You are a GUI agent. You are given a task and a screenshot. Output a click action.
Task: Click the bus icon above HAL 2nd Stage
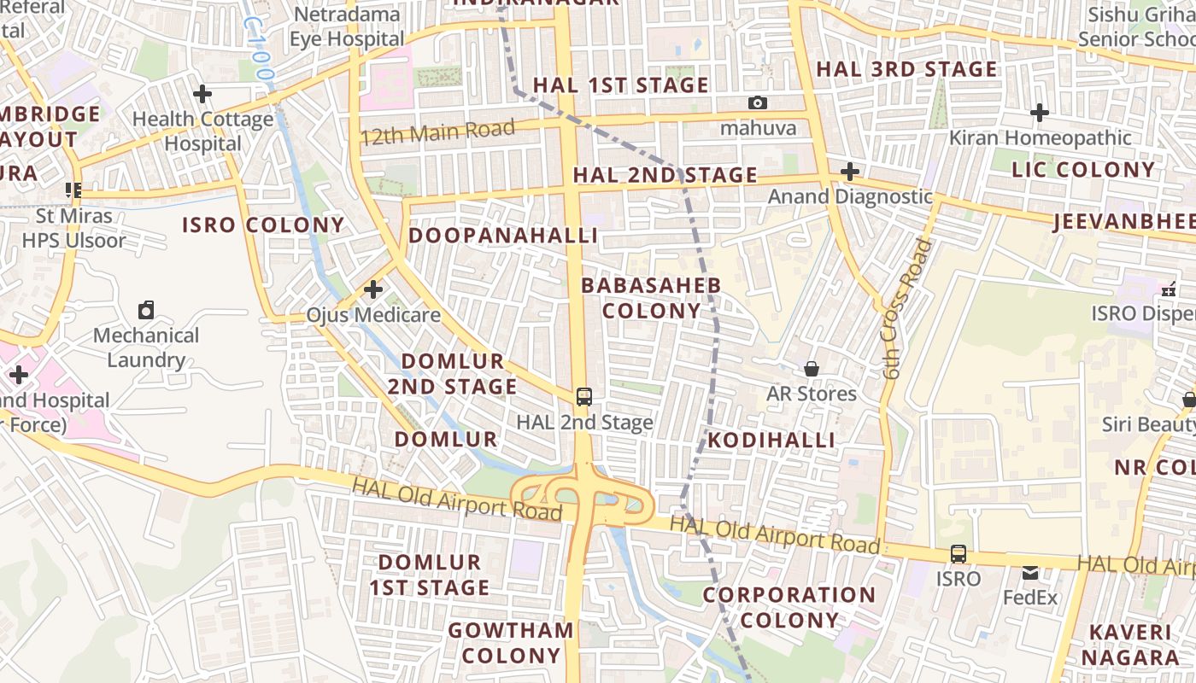[584, 397]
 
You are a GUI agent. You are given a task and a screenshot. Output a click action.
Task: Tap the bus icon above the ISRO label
[959, 554]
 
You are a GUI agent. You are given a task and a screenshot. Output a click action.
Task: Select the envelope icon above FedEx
[1031, 572]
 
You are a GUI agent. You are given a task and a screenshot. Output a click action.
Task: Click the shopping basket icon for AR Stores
[812, 369]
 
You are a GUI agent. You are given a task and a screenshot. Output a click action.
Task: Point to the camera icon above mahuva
[758, 103]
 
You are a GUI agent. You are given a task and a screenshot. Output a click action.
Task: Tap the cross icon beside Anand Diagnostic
[849, 172]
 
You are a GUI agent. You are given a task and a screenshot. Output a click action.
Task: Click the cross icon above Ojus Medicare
[373, 290]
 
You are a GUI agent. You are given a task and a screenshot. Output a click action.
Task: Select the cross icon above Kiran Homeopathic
[1040, 112]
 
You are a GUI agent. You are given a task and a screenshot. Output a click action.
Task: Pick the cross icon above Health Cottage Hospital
[202, 94]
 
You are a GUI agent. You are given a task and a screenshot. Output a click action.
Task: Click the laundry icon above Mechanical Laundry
[146, 310]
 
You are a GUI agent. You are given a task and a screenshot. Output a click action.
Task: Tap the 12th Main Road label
[437, 132]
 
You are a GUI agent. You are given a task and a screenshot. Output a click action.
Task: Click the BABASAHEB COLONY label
[651, 298]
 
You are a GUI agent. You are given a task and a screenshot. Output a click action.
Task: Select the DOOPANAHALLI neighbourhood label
[503, 236]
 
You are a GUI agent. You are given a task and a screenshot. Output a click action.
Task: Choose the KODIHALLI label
[771, 441]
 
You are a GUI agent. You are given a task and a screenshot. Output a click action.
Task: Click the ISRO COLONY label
[263, 225]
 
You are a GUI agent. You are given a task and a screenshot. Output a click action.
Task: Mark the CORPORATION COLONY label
[789, 607]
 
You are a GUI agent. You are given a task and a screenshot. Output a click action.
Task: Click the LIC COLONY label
[1083, 170]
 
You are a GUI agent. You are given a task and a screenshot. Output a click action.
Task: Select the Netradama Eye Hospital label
[346, 26]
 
